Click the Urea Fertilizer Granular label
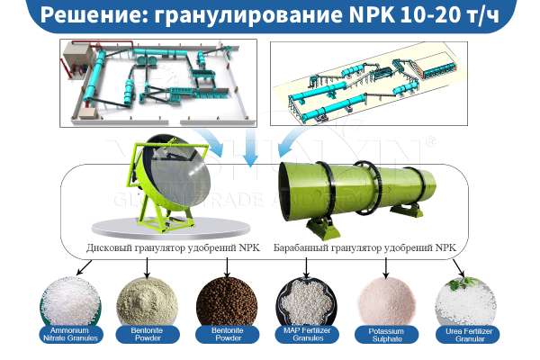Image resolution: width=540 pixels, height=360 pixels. pyautogui.click(x=469, y=337)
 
